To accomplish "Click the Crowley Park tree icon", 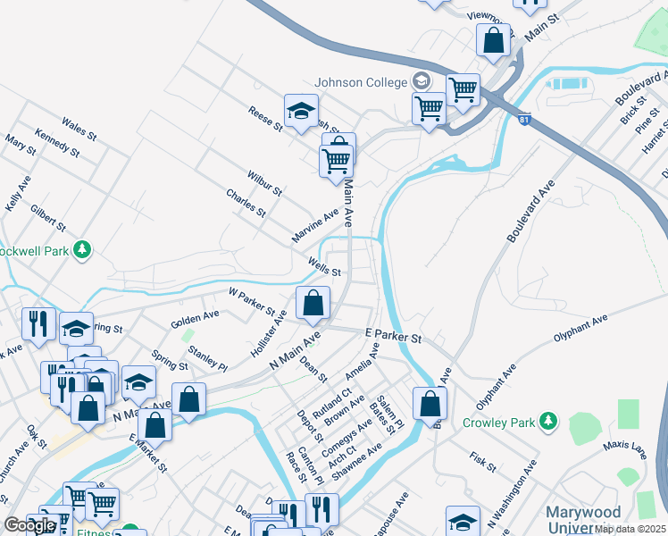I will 549,420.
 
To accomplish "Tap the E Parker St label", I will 393,336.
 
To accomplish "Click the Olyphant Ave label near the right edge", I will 580,328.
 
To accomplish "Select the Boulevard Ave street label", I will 530,211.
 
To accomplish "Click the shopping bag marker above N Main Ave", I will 313,304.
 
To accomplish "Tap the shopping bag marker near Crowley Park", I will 430,403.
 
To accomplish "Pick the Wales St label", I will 79,128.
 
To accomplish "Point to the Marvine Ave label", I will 315,226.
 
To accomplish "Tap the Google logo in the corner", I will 30,525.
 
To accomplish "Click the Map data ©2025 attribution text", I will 630,529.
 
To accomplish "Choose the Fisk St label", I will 483,461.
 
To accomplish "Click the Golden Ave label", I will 196,316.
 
